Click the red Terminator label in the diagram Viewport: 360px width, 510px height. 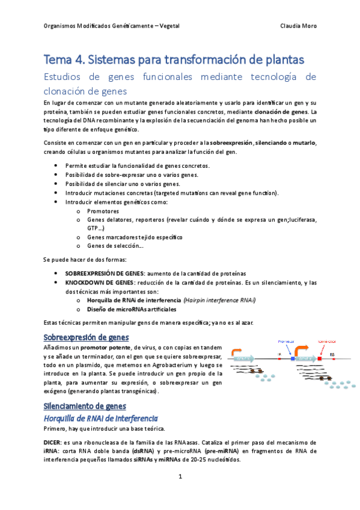(x=325, y=341)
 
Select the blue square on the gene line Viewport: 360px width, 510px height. (x=293, y=358)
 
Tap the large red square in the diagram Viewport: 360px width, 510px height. (x=320, y=358)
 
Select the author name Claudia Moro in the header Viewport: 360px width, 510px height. (x=299, y=26)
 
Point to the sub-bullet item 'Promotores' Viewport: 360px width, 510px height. (x=103, y=211)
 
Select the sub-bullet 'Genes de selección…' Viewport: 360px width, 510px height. (x=115, y=245)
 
